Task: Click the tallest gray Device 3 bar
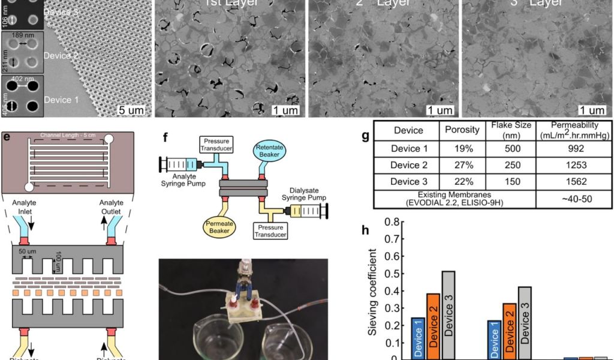[x=449, y=314]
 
